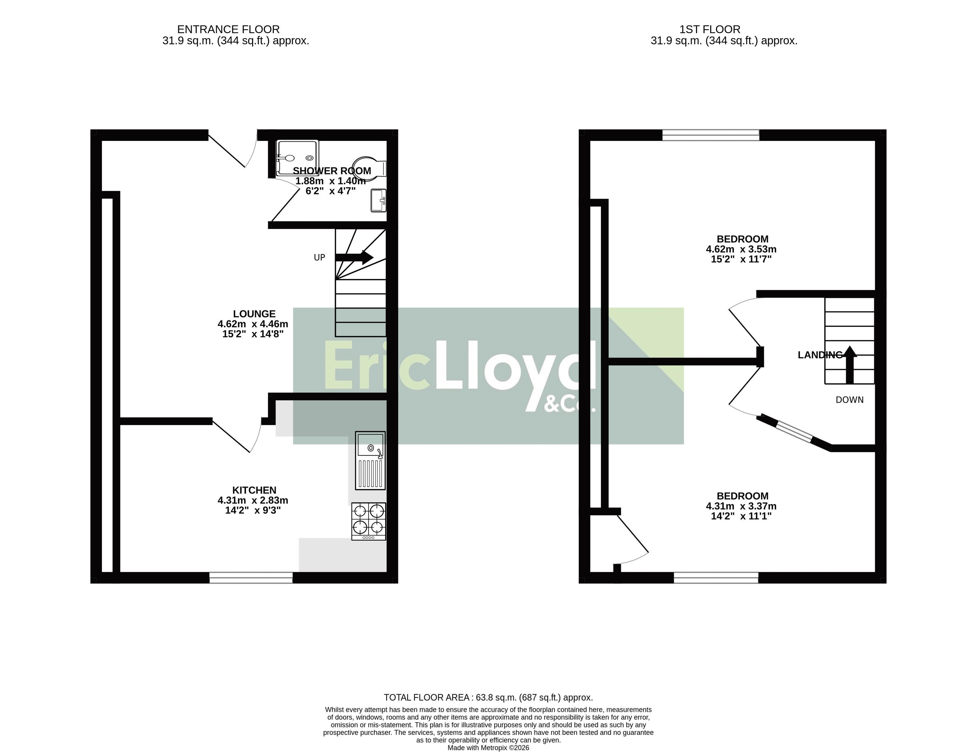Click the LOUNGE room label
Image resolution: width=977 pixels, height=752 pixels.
254,314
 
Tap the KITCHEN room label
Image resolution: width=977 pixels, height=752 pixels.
254,490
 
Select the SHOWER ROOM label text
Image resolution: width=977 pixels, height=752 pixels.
332,171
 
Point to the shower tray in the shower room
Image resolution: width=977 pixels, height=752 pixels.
298,157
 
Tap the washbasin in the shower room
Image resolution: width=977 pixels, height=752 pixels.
378,201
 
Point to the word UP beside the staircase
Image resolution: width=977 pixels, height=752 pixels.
320,258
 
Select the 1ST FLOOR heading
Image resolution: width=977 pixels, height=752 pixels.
710,30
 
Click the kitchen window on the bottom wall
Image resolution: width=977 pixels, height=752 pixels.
251,578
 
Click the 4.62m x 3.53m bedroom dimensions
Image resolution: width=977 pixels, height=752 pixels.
741,249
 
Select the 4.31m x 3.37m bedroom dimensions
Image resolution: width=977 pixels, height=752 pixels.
741,506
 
